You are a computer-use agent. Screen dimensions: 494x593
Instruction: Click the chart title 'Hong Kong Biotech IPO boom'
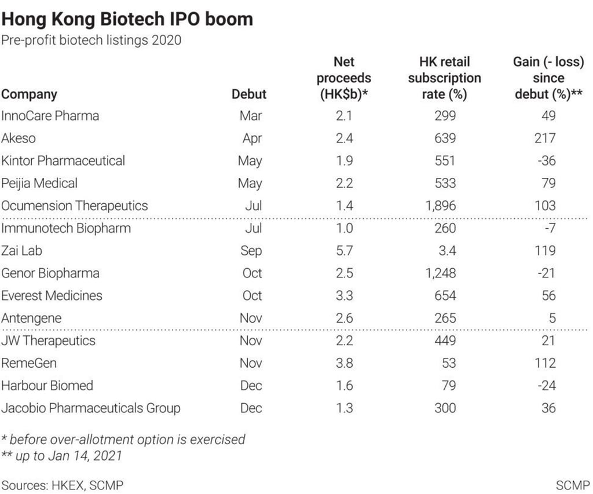[127, 19]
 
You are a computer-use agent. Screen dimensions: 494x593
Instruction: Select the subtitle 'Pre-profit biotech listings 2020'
[91, 41]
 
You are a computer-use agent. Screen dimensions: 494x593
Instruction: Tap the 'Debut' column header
[249, 94]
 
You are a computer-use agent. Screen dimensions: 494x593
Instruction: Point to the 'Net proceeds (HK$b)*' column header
[344, 78]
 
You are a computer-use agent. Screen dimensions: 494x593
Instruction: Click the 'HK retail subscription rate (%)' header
[445, 78]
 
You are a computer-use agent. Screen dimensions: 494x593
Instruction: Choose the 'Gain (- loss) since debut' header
[548, 78]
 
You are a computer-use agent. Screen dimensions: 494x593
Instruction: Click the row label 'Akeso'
[19, 138]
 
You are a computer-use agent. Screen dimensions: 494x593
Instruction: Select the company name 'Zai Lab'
[21, 251]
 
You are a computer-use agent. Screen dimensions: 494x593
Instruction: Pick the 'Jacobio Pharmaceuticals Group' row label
[91, 408]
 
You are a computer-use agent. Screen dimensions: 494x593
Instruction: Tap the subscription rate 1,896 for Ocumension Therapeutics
[445, 206]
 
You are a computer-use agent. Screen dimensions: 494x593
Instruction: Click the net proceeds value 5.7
[344, 251]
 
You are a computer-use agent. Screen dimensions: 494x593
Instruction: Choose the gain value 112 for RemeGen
[546, 363]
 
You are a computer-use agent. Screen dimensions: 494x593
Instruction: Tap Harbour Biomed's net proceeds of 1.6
[344, 386]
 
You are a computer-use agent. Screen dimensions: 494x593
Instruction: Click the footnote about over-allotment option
[123, 439]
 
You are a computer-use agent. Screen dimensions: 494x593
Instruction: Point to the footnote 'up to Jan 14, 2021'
[62, 456]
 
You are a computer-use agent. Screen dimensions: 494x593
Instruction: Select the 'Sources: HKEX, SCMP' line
[62, 485]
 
